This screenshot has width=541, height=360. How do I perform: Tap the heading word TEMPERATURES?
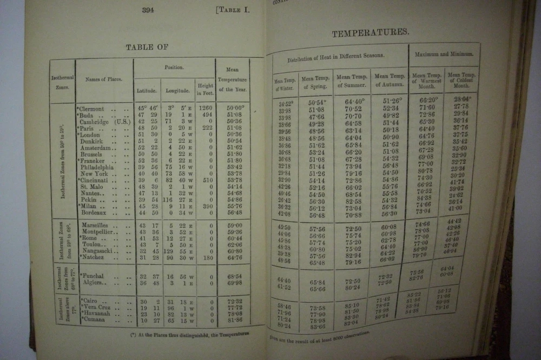tap(370, 33)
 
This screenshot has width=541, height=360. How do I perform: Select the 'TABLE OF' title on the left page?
tap(147, 47)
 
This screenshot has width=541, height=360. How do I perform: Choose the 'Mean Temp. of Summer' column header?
tap(351, 81)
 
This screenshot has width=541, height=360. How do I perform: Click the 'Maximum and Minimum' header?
tap(443, 54)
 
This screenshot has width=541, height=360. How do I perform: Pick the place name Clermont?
tap(92, 109)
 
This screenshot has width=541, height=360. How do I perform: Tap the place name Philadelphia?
tap(97, 168)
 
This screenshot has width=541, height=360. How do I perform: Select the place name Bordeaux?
tap(94, 212)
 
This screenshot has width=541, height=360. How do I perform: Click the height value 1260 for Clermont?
tap(204, 109)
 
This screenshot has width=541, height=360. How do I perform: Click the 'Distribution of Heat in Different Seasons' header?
tap(336, 56)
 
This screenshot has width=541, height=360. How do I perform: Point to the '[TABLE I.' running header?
tap(233, 10)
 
